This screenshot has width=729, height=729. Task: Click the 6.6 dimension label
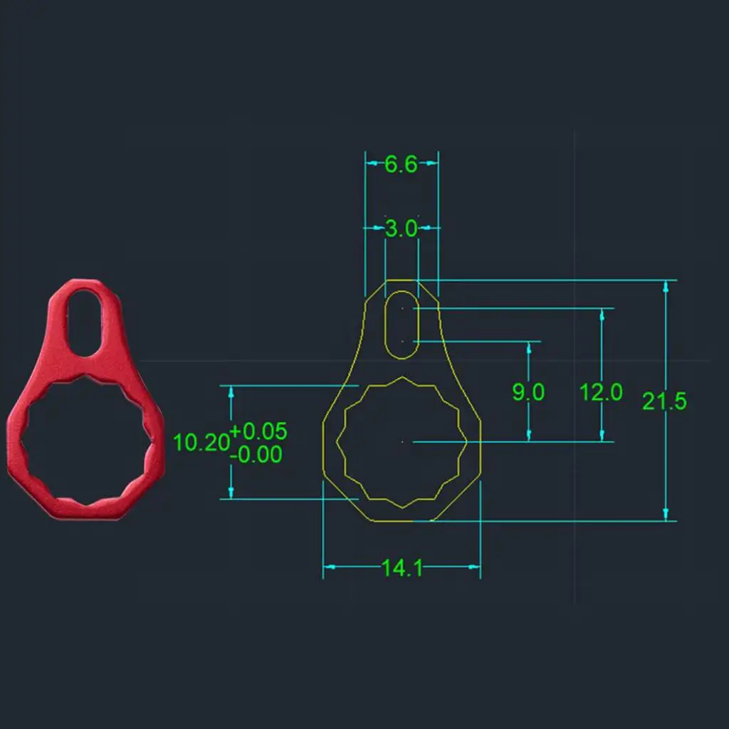coord(401,164)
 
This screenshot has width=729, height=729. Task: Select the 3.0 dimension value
coord(401,229)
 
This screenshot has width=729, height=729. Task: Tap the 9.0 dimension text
coord(528,392)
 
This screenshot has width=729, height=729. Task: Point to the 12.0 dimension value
coord(601,392)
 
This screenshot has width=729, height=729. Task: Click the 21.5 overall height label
coord(664,401)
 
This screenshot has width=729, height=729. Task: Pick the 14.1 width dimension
coord(402,568)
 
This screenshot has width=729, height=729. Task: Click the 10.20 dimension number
coord(201,443)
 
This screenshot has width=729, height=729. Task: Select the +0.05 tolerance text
coord(258,431)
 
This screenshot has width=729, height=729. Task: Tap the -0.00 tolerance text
coord(258,454)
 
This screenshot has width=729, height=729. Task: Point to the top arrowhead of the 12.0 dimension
coord(602,314)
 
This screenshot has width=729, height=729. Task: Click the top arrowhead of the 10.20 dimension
coord(231,392)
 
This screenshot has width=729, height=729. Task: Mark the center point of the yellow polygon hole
coord(403,442)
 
